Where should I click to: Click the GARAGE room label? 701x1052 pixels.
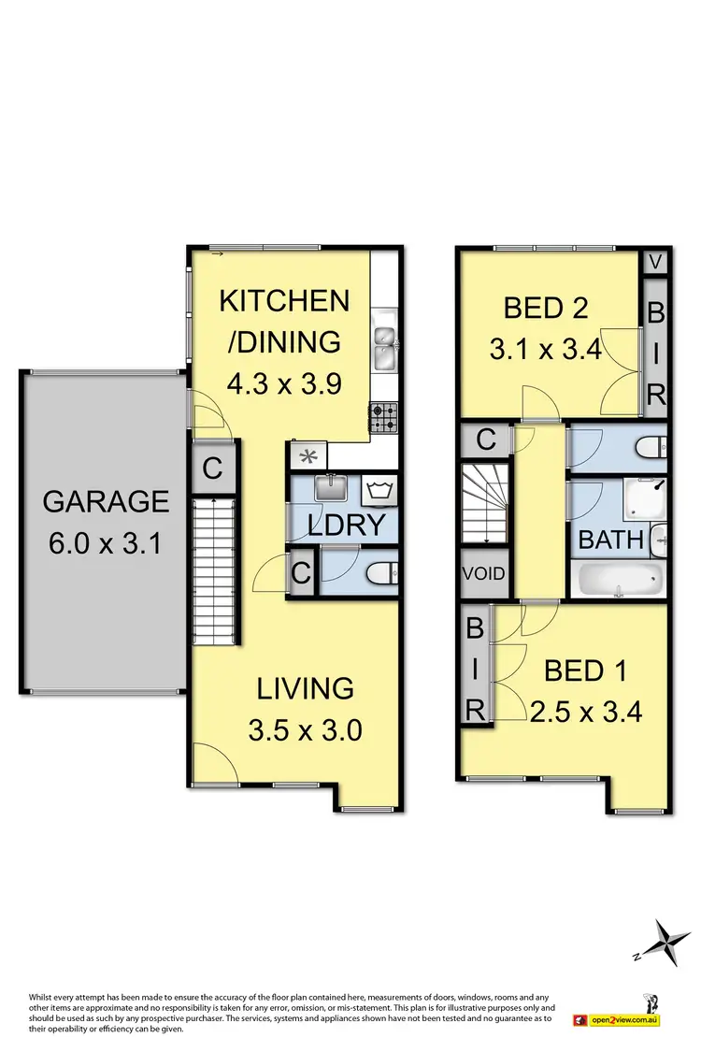106,501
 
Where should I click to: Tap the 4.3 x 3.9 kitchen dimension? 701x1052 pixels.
284,383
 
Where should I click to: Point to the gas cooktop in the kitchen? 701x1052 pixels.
384,418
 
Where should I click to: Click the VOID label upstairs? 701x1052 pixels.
484,573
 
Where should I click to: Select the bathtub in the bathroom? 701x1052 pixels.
616,580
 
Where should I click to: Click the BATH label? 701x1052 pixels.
611,540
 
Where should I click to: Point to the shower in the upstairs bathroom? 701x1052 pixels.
644,500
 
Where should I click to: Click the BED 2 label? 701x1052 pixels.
545,308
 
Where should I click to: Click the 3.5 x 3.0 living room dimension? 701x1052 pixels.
306,728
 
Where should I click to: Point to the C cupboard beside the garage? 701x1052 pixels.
212,468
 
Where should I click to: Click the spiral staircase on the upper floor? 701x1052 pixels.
484,506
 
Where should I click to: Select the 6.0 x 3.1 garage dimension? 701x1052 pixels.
106,542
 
